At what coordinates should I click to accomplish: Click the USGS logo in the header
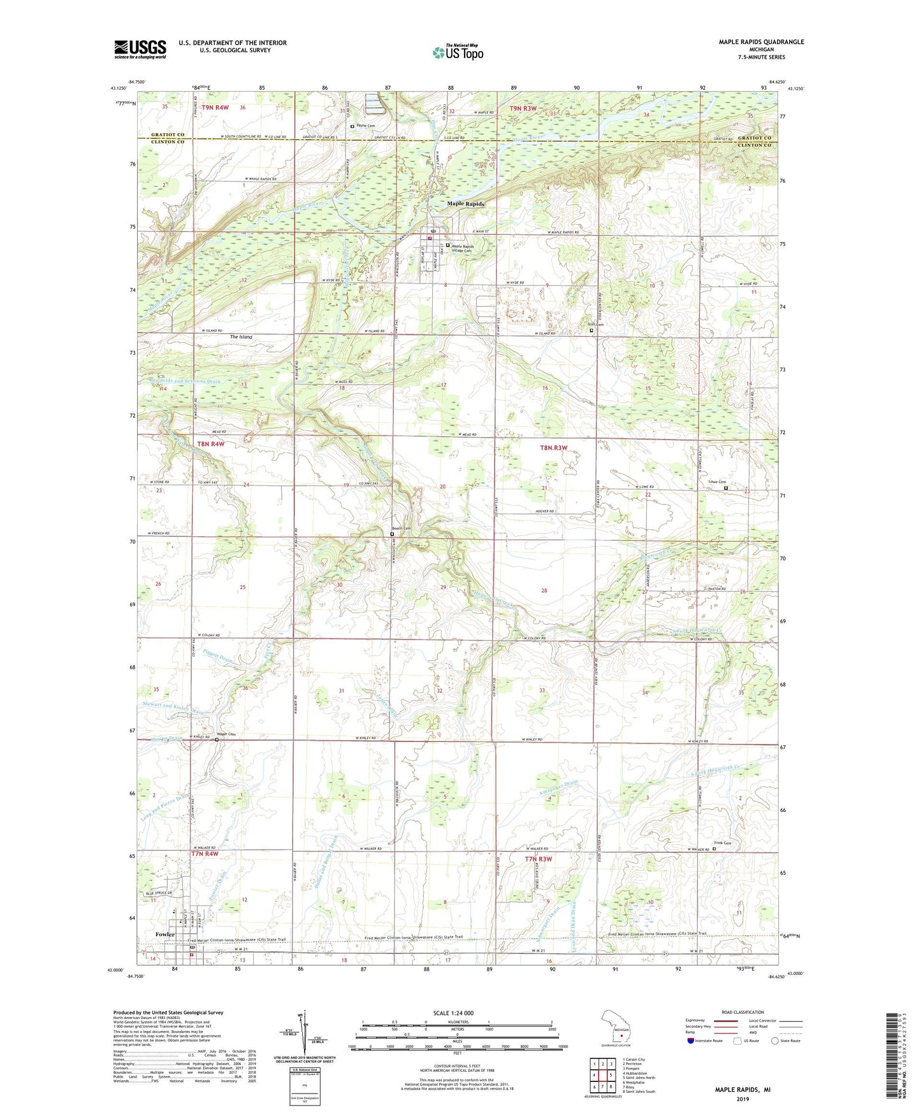tap(140, 49)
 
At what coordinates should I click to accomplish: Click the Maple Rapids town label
tap(465, 204)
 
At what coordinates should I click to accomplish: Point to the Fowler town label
tap(166, 934)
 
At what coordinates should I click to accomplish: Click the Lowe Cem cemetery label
tap(718, 482)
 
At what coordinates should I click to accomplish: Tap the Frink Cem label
tap(723, 843)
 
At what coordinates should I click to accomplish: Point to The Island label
tap(241, 337)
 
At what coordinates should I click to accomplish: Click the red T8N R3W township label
tap(553, 448)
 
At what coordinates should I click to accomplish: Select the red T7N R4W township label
tap(205, 853)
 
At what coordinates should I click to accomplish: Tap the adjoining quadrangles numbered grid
tap(602, 1075)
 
